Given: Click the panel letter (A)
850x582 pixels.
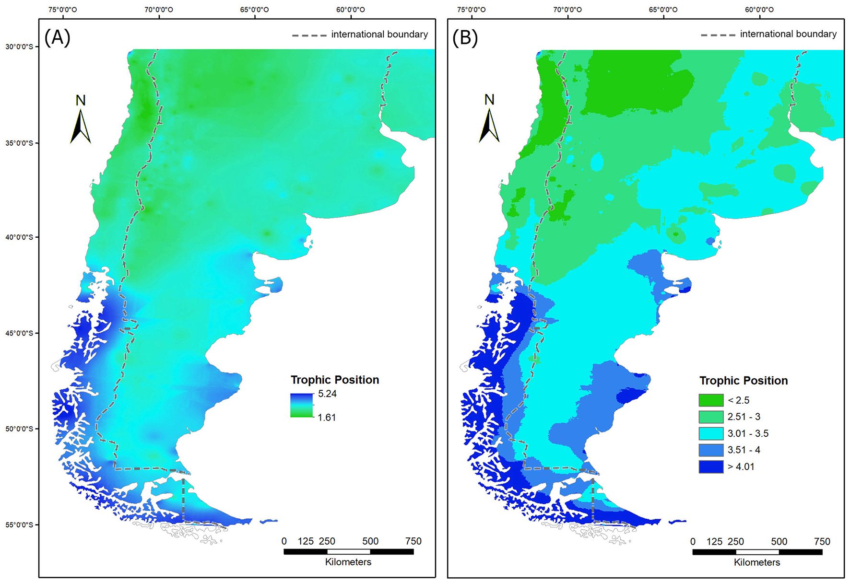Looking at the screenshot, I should click(58, 37).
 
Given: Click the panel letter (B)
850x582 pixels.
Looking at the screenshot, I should click(465, 38).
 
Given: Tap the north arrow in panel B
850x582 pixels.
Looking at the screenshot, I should click(489, 125).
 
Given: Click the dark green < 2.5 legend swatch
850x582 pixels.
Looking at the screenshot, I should click(711, 400).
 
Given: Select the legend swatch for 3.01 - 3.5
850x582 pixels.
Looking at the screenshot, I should click(711, 433).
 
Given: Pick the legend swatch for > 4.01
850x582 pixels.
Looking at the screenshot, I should click(711, 466).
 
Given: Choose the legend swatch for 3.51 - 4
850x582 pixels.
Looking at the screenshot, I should click(711, 450).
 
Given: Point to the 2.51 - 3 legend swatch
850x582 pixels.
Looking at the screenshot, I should click(711, 417).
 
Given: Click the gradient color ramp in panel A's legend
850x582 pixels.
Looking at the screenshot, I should click(302, 406).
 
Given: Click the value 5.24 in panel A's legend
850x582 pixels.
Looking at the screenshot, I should click(327, 394).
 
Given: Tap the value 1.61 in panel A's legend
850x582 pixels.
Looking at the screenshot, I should click(327, 418).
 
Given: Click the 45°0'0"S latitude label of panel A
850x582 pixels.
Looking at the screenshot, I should click(19, 333).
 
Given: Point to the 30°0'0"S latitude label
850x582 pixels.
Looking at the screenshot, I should click(19, 47).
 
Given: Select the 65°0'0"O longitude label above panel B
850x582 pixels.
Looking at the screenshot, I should click(663, 10).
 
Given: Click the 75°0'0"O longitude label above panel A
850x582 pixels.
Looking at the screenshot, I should click(63, 10).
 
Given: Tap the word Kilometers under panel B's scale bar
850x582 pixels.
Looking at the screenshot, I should click(757, 562).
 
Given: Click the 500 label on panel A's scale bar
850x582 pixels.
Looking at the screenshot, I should click(370, 541).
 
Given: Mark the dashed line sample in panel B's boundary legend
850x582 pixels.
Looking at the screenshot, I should click(718, 35).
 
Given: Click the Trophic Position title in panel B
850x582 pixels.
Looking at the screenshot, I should click(744, 381).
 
